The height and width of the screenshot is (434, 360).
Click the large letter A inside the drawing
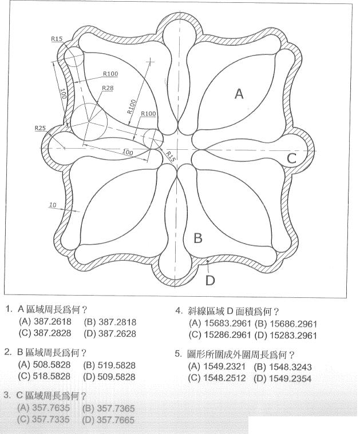(x=239, y=94)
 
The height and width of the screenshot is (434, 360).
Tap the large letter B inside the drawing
(x=197, y=238)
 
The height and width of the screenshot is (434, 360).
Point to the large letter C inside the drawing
(x=292, y=158)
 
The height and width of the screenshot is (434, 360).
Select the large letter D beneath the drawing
(x=210, y=280)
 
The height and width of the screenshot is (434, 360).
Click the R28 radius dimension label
(x=107, y=88)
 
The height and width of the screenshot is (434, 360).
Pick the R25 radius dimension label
(x=40, y=128)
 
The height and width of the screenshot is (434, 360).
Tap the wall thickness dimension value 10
(x=53, y=204)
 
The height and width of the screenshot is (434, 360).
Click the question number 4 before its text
(x=179, y=312)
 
